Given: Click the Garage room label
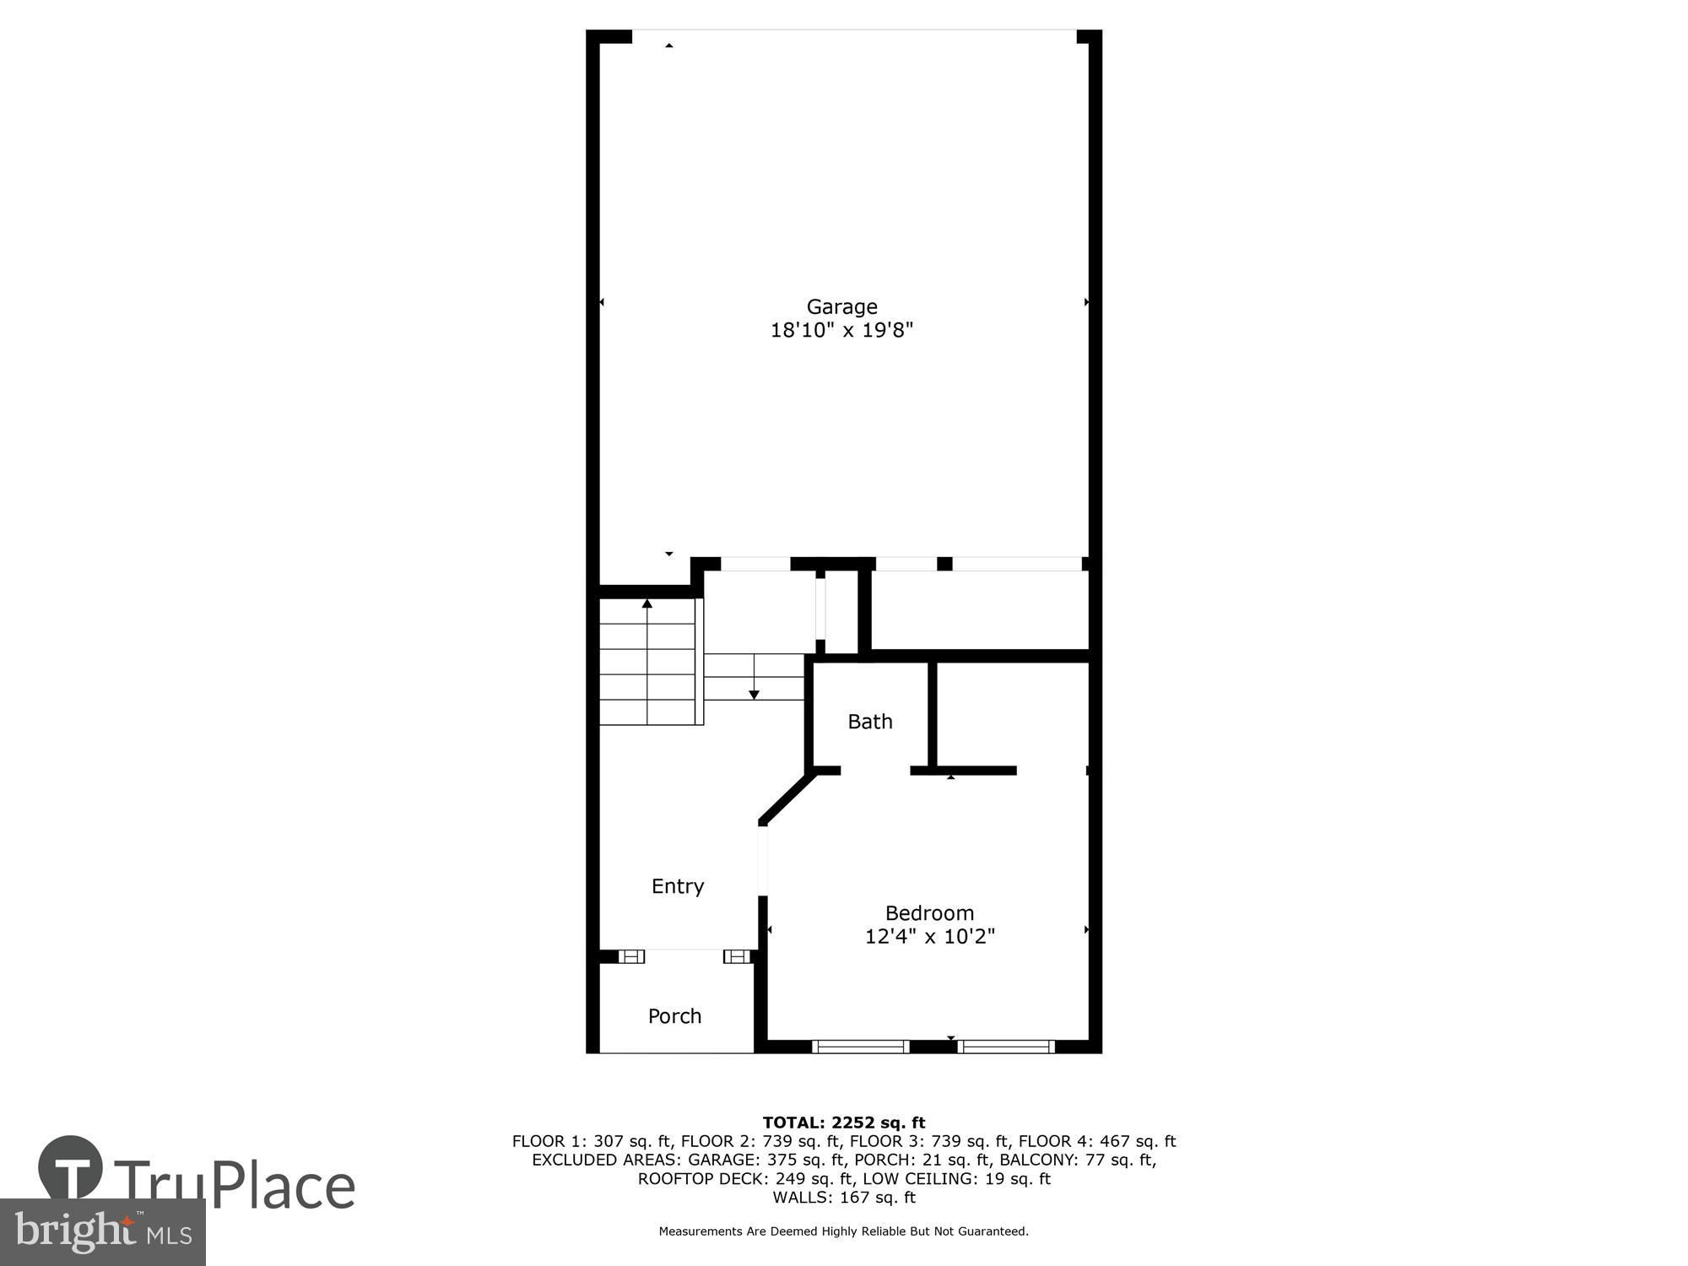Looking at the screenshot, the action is [x=841, y=307].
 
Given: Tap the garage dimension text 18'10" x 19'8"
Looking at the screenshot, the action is [x=841, y=330].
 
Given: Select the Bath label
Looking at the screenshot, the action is [x=870, y=722].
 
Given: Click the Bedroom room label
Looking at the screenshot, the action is [x=929, y=913].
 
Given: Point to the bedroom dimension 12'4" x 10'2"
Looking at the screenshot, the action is [x=930, y=936].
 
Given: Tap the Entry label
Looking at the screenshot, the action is [x=678, y=886].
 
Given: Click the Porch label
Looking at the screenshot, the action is [x=675, y=1016].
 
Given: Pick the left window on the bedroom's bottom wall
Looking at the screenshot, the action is [x=861, y=1047].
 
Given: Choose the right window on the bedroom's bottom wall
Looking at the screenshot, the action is [x=1006, y=1047].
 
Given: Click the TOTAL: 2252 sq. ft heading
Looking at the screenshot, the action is [x=844, y=1123].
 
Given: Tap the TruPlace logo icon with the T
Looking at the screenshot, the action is [x=71, y=1168].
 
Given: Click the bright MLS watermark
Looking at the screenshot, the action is [x=103, y=1232].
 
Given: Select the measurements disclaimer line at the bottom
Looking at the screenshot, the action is [x=844, y=1231].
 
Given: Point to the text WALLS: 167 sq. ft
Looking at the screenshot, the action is [x=844, y=1197].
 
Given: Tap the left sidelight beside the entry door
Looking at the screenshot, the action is [x=631, y=956].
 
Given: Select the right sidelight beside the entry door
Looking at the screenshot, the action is [x=737, y=956].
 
